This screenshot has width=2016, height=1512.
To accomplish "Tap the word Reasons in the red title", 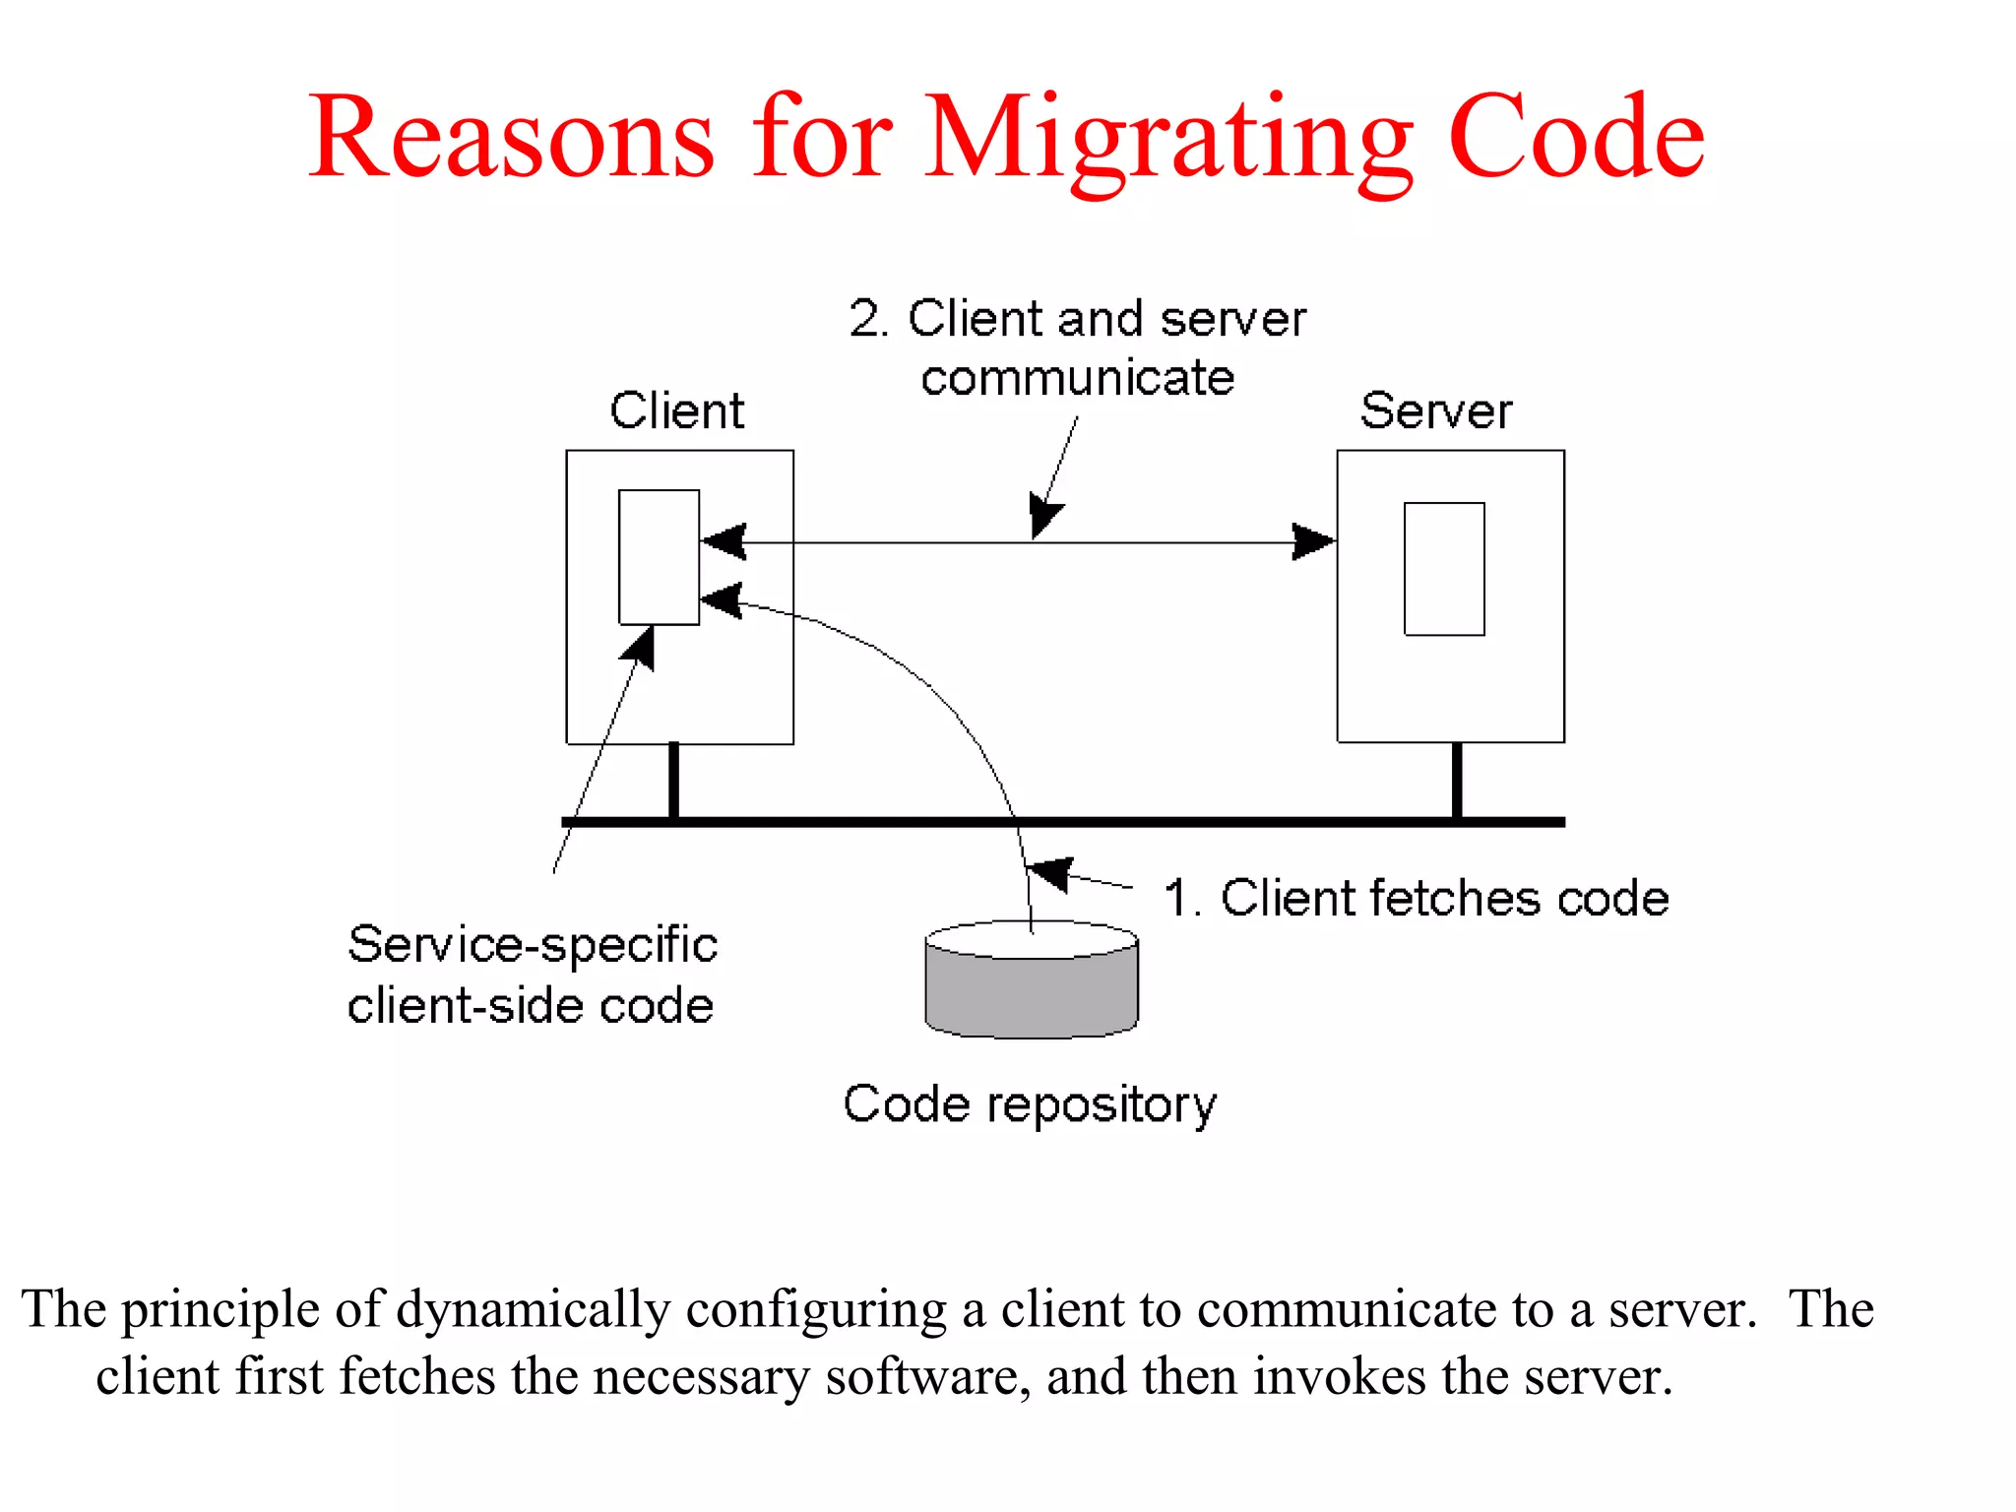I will (x=511, y=137).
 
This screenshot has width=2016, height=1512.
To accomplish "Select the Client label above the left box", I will (x=677, y=410).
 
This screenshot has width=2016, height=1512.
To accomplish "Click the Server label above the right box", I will (x=1435, y=410).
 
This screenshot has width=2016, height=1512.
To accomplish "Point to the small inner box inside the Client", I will (x=659, y=557).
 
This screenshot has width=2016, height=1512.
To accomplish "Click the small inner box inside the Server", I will (x=1443, y=569).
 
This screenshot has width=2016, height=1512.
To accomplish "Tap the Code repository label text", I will (x=1030, y=1104).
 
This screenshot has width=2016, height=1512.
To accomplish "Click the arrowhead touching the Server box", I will (x=1315, y=541).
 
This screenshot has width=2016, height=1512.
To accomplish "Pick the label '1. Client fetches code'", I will (x=1416, y=898).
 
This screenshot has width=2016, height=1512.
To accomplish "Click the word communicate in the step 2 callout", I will (x=1077, y=378).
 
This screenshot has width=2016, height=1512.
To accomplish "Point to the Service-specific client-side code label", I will (x=532, y=975).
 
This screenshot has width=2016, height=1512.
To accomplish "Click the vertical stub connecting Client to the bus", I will (x=673, y=781).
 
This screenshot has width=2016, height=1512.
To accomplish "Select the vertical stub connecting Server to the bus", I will (x=1457, y=781).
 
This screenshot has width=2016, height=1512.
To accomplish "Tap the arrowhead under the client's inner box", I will (x=639, y=647).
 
